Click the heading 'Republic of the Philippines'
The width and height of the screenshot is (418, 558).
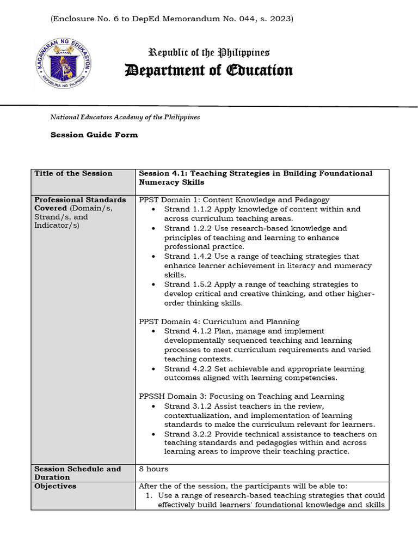[209, 53]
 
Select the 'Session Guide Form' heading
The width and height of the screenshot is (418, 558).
[94, 135]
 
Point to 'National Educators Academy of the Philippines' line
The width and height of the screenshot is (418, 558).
[125, 117]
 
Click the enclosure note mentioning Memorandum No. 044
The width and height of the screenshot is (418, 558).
[172, 19]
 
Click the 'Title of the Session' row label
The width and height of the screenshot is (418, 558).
[73, 174]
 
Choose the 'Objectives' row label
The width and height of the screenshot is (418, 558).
[56, 486]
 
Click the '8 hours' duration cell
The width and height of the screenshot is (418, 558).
[153, 469]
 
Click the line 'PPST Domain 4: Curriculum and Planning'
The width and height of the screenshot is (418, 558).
[219, 322]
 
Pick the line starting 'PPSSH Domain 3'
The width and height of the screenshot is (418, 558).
[241, 396]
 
